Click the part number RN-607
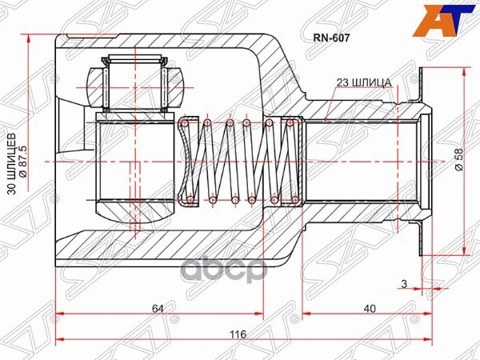pos(331,38)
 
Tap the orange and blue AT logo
pos(444,21)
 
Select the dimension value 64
pos(158,308)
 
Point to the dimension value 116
pos(238,334)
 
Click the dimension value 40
pos(370,308)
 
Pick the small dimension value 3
pos(404,284)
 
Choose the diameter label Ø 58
pos(459,160)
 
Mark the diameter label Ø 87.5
pos(23,162)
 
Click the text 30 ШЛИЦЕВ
pos(12,164)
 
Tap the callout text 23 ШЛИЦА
pos(364,82)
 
